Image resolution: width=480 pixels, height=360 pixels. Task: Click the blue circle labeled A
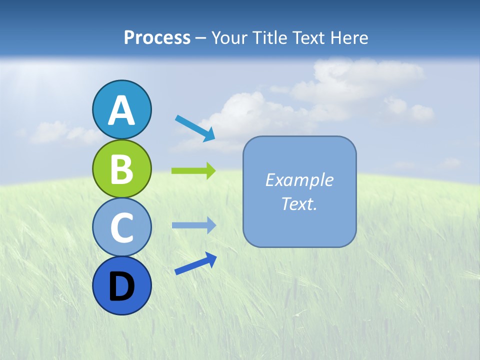pyautogui.click(x=121, y=110)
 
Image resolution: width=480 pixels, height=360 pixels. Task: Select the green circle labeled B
pyautogui.click(x=121, y=168)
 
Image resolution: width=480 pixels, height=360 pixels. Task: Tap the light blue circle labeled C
pyautogui.click(x=121, y=227)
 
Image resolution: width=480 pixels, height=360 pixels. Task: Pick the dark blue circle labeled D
pyautogui.click(x=121, y=285)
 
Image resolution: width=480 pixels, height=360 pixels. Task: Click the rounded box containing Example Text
pyautogui.click(x=299, y=220)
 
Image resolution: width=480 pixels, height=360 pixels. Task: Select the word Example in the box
pyautogui.click(x=299, y=180)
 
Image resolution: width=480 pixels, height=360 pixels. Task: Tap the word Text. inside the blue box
pyautogui.click(x=299, y=204)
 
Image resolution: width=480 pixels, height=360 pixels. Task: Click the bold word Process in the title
pyautogui.click(x=157, y=38)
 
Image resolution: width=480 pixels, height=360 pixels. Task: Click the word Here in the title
pyautogui.click(x=350, y=38)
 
